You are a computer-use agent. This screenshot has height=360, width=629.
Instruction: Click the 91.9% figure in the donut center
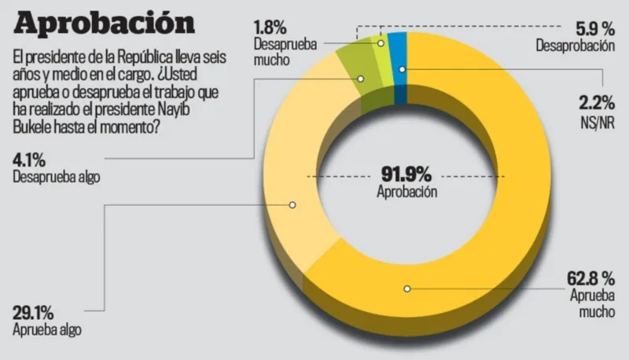[x=406, y=174]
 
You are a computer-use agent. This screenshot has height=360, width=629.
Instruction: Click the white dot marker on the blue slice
[x=403, y=70]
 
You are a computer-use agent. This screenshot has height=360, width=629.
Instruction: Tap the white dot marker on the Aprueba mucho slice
[x=406, y=288]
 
